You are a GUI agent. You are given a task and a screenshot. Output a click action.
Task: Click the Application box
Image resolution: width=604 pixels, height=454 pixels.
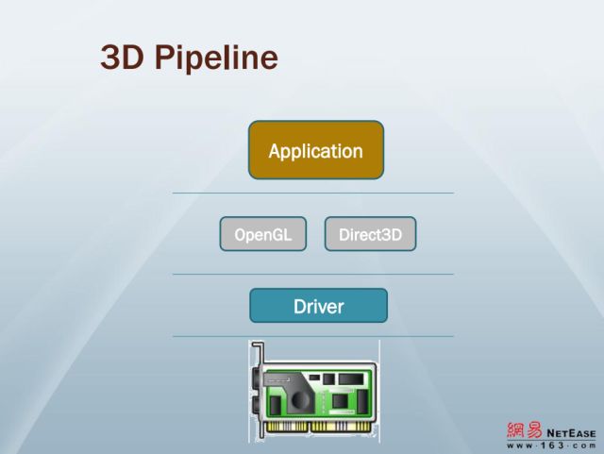[x=315, y=150]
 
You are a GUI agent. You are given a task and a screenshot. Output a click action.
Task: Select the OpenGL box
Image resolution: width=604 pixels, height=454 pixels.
[x=262, y=234]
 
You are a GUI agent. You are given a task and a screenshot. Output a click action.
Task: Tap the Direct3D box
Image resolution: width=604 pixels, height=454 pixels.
[x=370, y=234]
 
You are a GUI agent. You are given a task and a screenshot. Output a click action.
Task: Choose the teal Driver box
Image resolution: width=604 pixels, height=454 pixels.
[x=318, y=306]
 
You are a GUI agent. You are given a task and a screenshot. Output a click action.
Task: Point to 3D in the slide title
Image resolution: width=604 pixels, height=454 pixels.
[x=120, y=58]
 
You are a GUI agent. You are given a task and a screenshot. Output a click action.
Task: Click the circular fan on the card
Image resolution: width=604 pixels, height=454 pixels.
[x=300, y=399]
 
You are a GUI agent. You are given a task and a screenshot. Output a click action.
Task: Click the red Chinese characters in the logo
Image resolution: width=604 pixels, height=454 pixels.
[x=524, y=430]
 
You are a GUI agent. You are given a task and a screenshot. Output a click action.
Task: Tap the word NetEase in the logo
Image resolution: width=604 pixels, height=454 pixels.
[x=570, y=432]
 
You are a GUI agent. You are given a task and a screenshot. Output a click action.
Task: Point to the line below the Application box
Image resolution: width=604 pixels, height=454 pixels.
[x=312, y=193]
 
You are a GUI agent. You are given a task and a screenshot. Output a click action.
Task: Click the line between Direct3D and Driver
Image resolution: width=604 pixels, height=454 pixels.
[x=312, y=275]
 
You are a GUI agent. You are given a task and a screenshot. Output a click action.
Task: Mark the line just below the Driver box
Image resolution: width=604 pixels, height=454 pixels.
[x=312, y=336]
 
